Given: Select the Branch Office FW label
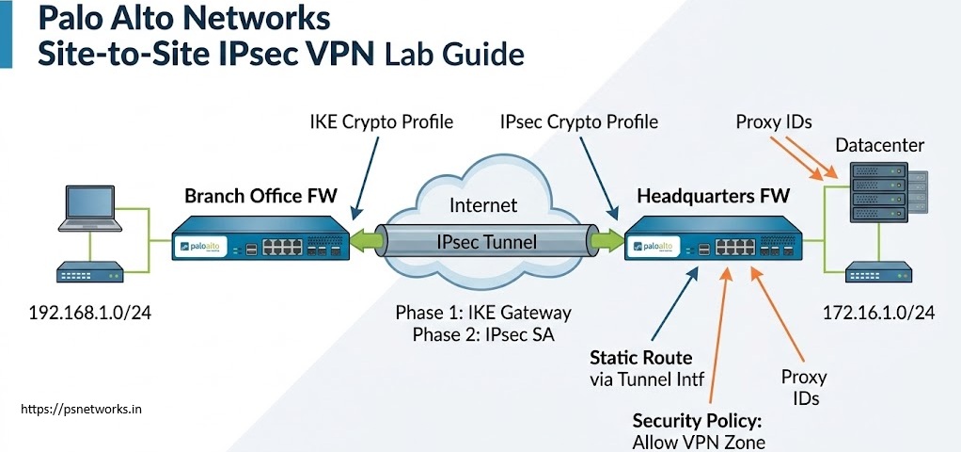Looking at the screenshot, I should coord(260,196).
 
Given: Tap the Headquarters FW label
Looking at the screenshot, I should coord(714,196).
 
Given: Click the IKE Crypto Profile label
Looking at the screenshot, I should coord(381,121).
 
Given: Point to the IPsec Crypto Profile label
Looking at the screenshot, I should coord(579,121).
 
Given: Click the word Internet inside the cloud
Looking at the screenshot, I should coord(483,205).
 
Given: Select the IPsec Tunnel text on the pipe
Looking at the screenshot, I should coord(487,242).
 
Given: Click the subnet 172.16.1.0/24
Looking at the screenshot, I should coord(877,314).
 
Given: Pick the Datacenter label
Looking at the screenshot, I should coord(879,146).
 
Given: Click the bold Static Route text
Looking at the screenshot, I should coord(640,358).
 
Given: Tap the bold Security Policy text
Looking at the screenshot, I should coord(698,421).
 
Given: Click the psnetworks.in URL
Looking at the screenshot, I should coord(81,410).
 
